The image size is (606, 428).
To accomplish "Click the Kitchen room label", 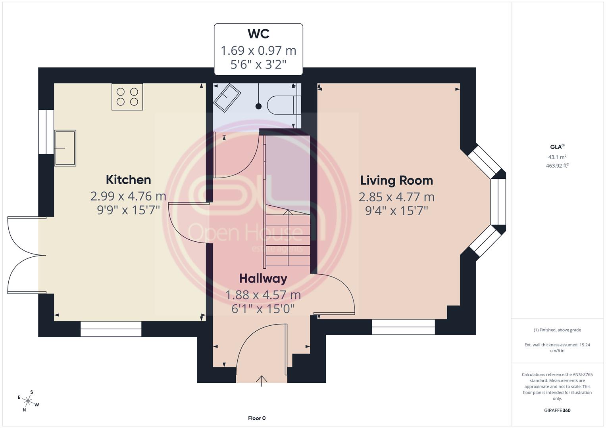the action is pyautogui.click(x=128, y=180).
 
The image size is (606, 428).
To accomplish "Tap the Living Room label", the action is pyautogui.click(x=396, y=180).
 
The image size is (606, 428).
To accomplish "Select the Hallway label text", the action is pyautogui.click(x=263, y=279).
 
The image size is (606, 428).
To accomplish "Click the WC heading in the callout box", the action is pyautogui.click(x=258, y=34).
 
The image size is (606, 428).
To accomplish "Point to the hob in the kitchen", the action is pyautogui.click(x=127, y=97).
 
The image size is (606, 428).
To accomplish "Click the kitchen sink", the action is pyautogui.click(x=65, y=148).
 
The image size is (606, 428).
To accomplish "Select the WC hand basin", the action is pyautogui.click(x=227, y=97).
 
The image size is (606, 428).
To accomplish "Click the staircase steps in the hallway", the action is pyautogui.click(x=288, y=238).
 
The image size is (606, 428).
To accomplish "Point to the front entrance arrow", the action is pyautogui.click(x=262, y=381).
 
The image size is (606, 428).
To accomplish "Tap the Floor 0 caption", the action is pyautogui.click(x=257, y=418).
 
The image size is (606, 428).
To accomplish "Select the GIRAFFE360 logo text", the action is pyautogui.click(x=557, y=410).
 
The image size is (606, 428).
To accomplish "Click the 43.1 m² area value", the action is pyautogui.click(x=557, y=157).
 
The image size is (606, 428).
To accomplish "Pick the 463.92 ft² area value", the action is pyautogui.click(x=557, y=166).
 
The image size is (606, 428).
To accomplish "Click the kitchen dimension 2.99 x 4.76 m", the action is pyautogui.click(x=128, y=196).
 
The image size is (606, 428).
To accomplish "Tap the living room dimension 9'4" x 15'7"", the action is pyautogui.click(x=396, y=211).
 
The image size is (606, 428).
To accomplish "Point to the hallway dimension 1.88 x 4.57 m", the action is pyautogui.click(x=263, y=295).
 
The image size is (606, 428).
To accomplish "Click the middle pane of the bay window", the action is pyautogui.click(x=498, y=202).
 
